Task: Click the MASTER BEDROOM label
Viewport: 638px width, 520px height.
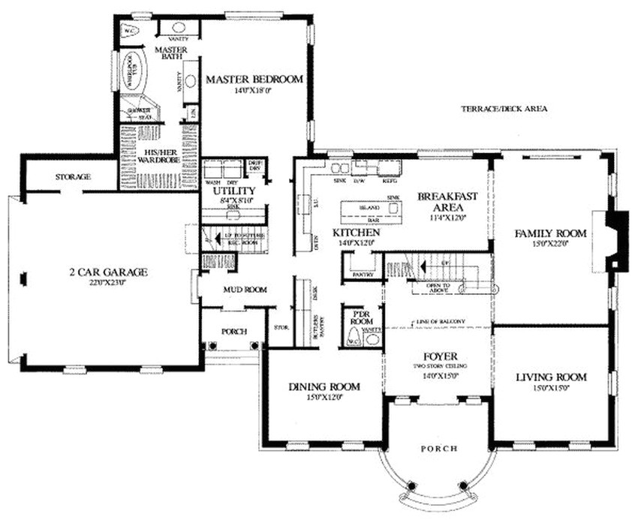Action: [x=254, y=79]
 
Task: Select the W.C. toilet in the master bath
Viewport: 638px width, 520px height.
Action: [x=128, y=31]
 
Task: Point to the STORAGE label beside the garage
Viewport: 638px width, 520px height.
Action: [x=73, y=177]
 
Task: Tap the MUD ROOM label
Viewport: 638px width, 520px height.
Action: [x=242, y=290]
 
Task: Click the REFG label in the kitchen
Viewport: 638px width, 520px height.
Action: [x=390, y=181]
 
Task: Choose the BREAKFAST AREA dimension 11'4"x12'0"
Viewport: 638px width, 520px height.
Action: [x=447, y=218]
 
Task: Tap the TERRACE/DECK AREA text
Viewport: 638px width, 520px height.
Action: [x=504, y=109]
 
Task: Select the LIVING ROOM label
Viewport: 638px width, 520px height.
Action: [x=551, y=377]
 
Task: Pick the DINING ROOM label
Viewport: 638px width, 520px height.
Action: [x=324, y=386]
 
